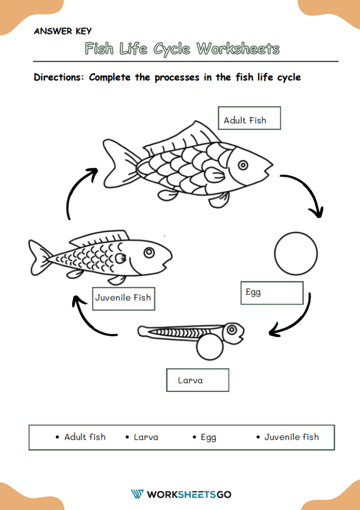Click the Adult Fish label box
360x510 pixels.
(x=249, y=118)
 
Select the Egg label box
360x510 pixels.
(x=272, y=293)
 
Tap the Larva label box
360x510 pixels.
(x=197, y=380)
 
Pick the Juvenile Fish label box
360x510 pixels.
(x=123, y=299)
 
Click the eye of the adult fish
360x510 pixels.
(x=243, y=165)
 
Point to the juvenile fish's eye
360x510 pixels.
(x=149, y=253)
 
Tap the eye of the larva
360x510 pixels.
(x=232, y=330)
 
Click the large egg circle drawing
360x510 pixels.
(x=296, y=254)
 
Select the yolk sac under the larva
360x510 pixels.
(x=210, y=348)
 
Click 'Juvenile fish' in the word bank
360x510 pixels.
(x=291, y=437)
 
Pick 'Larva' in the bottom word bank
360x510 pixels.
(x=146, y=437)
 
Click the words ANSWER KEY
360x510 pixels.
(x=63, y=31)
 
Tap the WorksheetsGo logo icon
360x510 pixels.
(x=137, y=494)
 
